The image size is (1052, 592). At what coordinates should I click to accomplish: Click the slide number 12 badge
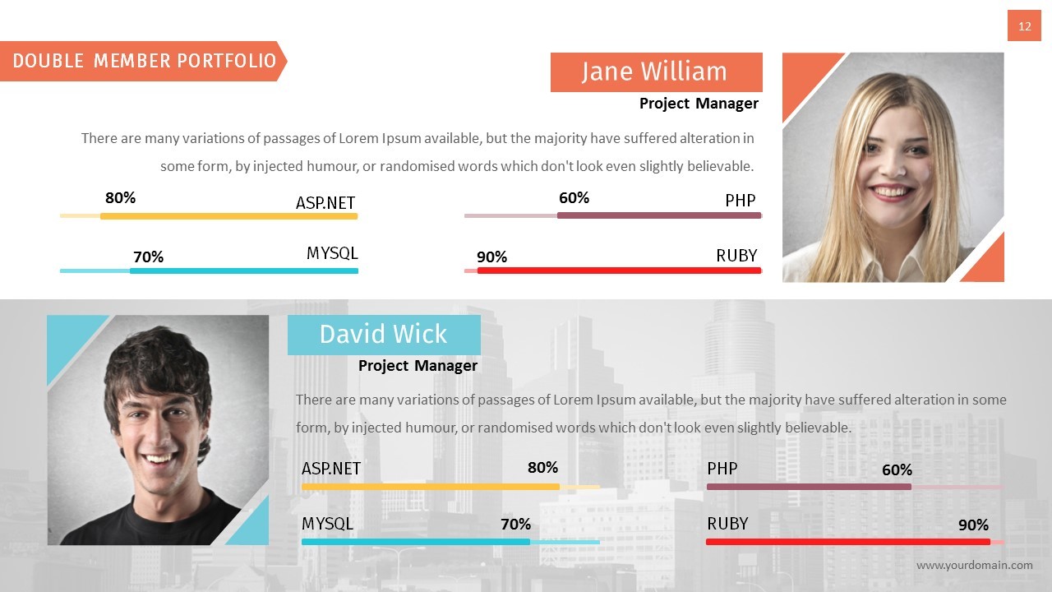point(1024,26)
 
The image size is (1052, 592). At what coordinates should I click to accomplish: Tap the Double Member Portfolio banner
point(143,61)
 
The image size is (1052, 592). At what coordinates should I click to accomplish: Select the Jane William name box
point(656,72)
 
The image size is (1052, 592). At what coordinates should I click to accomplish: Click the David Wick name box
point(384,335)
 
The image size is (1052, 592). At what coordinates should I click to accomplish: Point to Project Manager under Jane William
point(699,104)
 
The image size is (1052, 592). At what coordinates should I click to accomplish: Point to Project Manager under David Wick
point(418,366)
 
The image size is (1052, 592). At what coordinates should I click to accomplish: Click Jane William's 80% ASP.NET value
point(120,198)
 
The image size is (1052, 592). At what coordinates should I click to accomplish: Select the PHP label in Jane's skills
point(740,201)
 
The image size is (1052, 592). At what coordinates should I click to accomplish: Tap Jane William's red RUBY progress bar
point(618,271)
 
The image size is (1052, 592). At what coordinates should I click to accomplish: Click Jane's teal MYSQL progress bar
point(243,271)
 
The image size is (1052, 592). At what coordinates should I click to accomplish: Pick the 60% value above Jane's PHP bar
point(574,198)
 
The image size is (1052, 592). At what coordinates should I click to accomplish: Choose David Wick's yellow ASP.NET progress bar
point(430,487)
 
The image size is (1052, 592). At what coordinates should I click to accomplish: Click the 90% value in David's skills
point(973,525)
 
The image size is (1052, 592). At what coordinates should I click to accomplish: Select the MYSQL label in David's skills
point(327,524)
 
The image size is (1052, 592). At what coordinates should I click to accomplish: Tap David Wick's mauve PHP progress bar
point(808,487)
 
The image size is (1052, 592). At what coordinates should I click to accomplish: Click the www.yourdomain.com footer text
point(974,565)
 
